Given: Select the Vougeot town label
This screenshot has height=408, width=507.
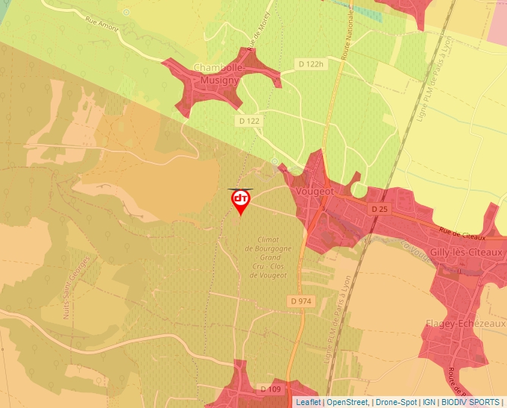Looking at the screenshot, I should point(314,191).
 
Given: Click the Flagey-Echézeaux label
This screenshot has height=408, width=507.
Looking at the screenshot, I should point(465,324).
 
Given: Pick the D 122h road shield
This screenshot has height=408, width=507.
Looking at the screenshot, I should point(310,64).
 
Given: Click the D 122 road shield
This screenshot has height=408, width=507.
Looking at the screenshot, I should point(250,120).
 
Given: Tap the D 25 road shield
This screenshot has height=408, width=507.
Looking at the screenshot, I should point(379,209).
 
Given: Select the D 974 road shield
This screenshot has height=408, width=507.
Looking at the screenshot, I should point(301,301).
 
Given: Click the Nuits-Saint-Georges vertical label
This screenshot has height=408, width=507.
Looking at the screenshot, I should point(76,287).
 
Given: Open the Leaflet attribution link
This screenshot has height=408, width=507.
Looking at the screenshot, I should point(308,402).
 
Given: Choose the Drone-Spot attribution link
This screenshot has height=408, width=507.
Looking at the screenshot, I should point(396,402).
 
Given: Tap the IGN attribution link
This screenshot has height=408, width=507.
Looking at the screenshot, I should point(429,402).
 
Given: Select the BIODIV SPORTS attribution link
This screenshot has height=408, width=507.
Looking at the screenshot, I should point(470,402).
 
